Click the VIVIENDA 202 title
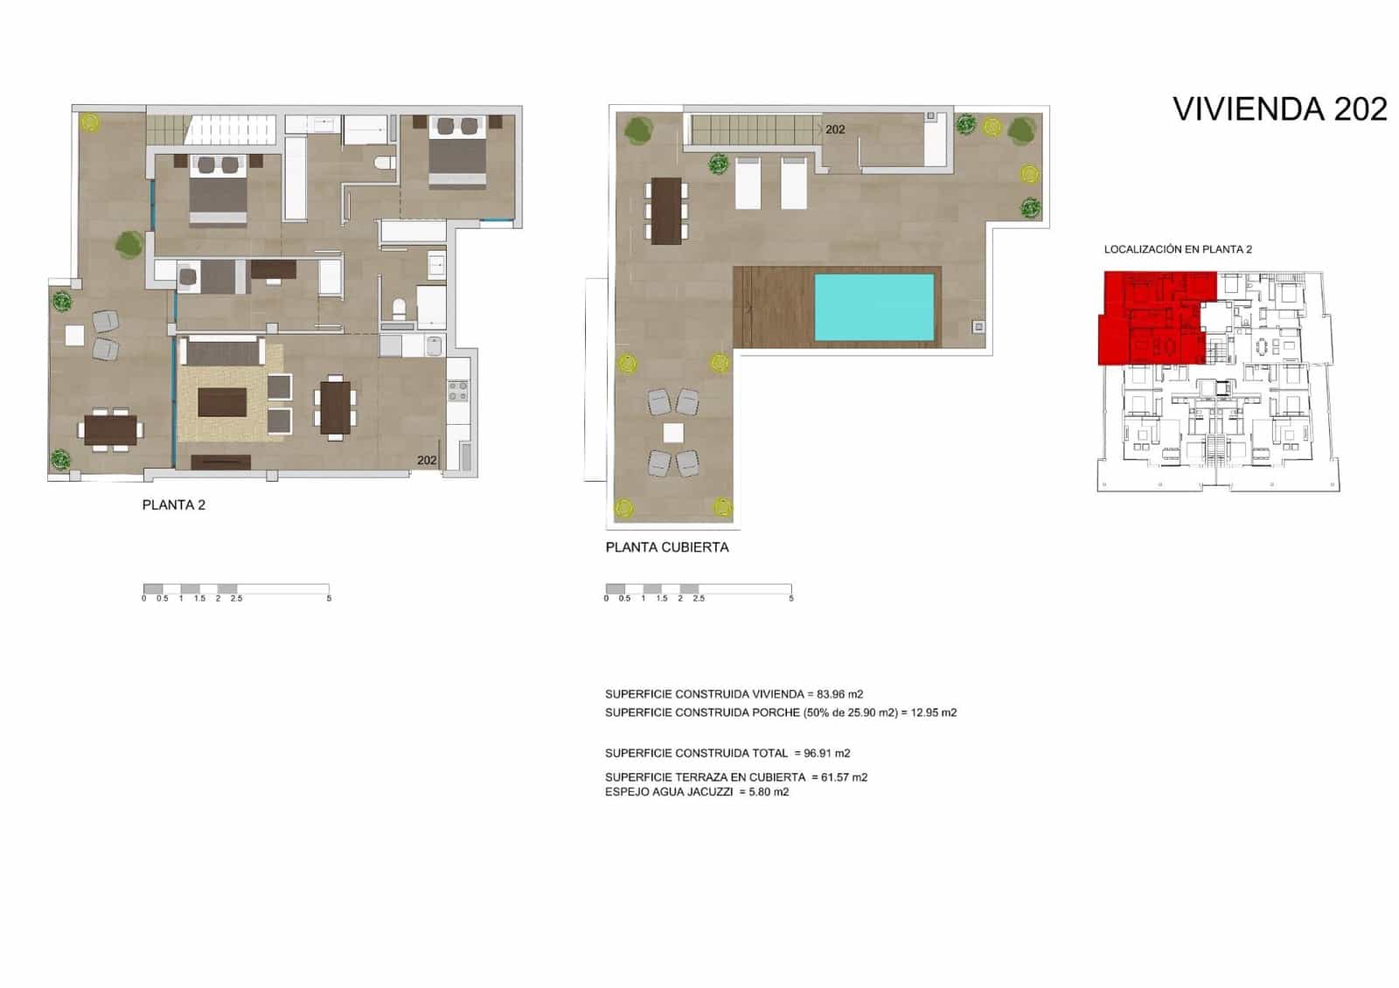1279,109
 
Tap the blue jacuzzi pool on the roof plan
874,307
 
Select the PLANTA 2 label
173,505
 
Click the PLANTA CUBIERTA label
666,547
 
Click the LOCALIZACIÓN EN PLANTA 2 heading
1178,249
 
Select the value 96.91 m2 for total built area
826,753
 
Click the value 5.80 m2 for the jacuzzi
769,792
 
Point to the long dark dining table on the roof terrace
666,211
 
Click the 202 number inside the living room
427,460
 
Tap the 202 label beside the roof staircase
835,129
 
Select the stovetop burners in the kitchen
458,391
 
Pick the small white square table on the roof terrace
672,433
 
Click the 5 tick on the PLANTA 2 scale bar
329,598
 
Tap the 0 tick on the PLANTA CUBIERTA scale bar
606,598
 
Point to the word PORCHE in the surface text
776,713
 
